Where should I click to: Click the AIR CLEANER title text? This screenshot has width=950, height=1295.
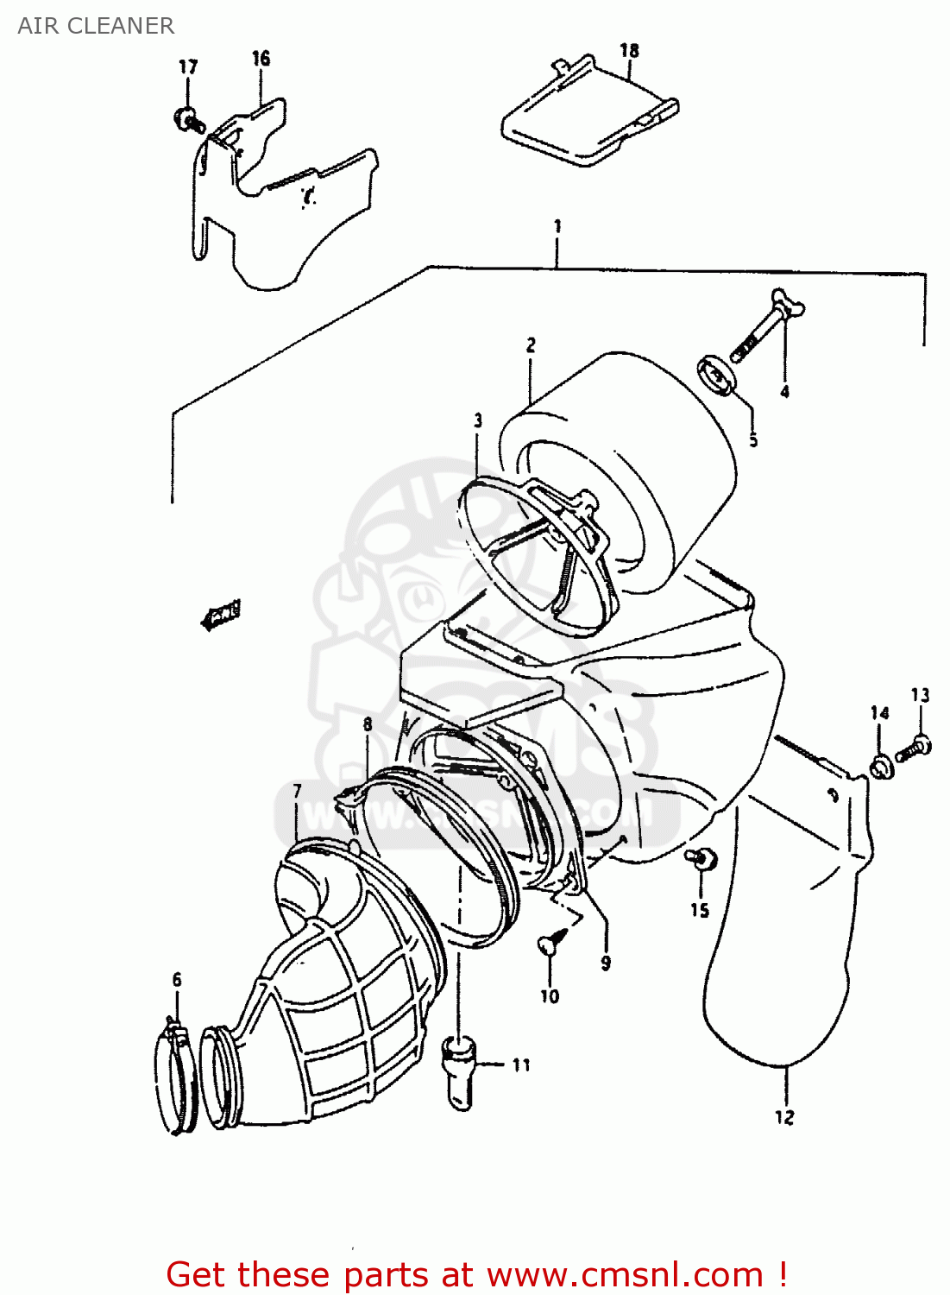point(96,26)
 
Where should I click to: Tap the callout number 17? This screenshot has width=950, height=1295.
point(188,67)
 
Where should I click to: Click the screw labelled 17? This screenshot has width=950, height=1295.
point(188,121)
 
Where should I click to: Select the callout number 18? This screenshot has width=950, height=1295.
point(629,51)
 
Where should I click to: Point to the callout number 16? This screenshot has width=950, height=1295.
point(261,59)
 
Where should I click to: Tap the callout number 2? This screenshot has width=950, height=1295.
point(531,345)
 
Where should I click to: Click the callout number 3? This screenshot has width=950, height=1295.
point(478,421)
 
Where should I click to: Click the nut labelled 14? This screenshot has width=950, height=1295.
point(880,767)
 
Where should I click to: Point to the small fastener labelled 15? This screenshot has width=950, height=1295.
point(701,858)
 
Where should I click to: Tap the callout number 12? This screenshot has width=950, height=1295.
point(783,1117)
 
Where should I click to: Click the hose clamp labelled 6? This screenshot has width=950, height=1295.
point(176,1074)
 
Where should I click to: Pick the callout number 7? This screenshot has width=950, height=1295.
point(298,792)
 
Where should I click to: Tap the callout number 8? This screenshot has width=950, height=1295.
point(368,724)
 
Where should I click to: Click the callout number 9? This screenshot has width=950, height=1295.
point(606,963)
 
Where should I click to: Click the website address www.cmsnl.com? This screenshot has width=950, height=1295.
point(626,1275)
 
